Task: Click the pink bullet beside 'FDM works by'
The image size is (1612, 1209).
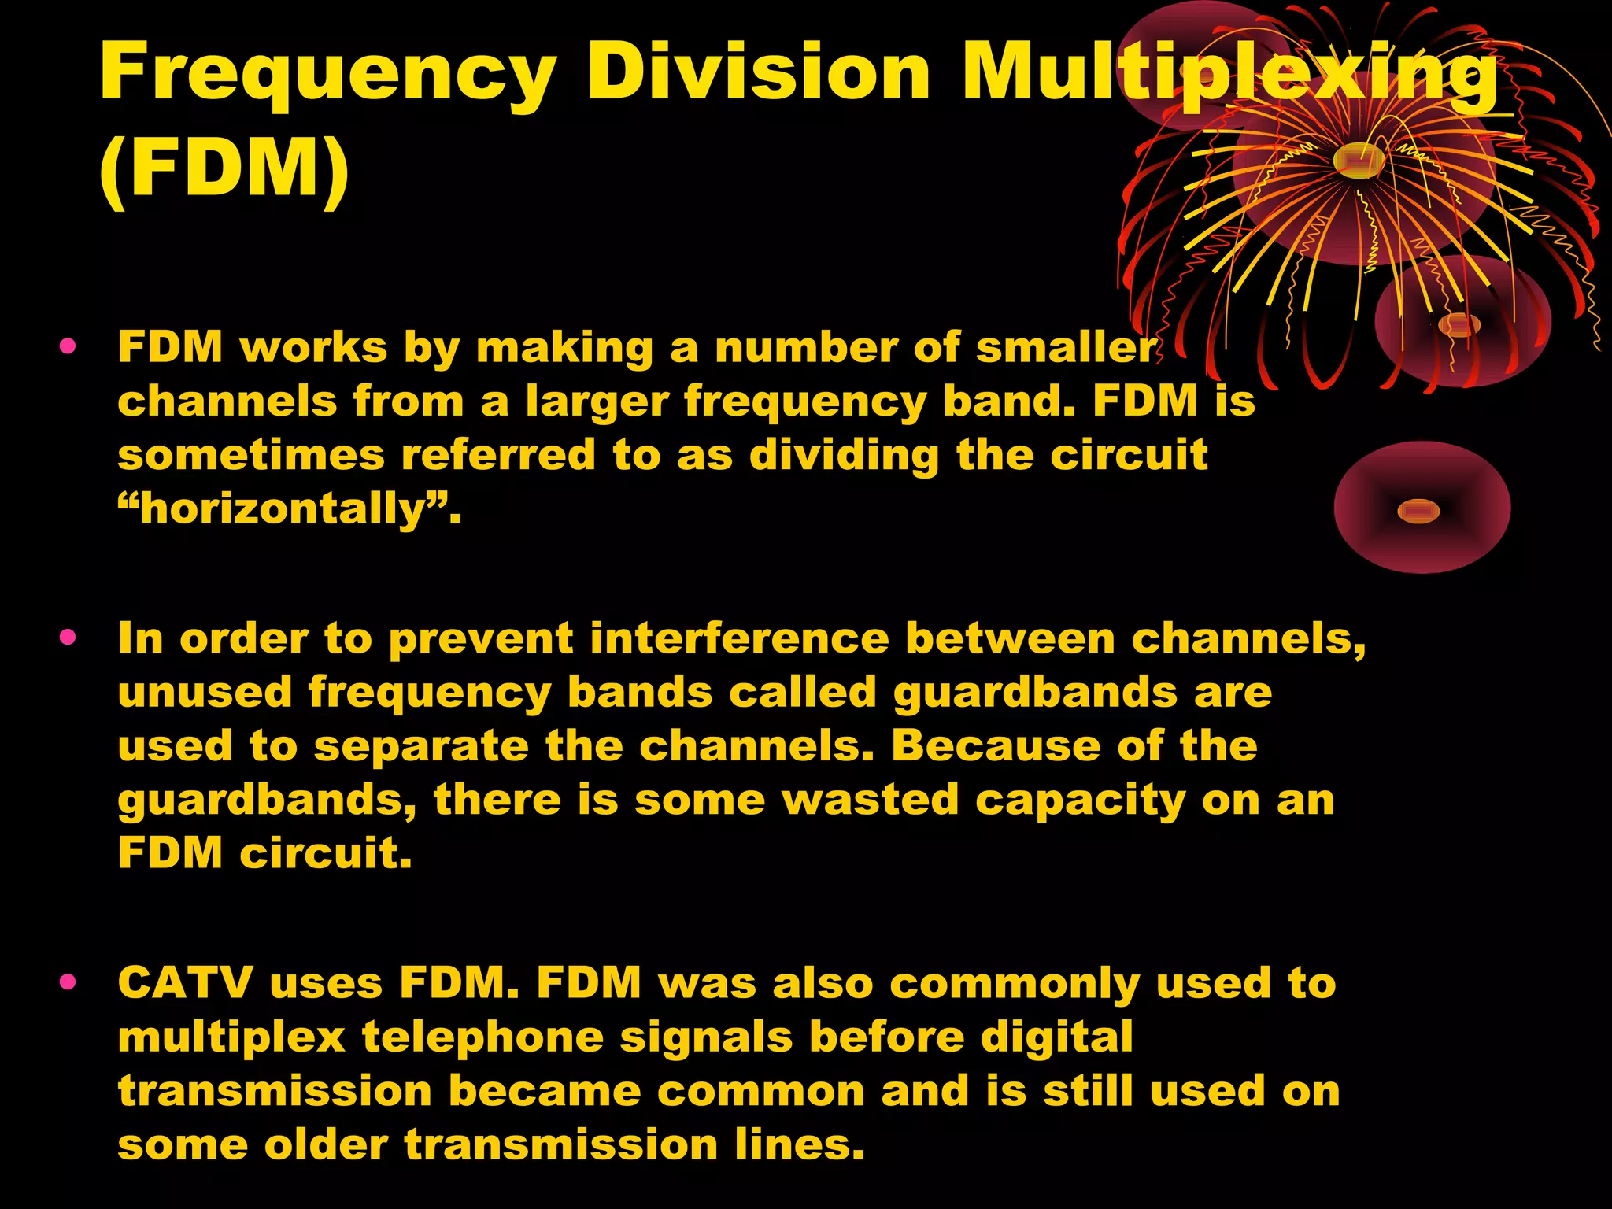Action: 68,346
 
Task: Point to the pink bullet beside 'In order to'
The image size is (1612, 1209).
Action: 68,637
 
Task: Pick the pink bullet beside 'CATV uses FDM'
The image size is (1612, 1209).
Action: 68,982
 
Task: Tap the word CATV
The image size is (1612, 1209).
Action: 186,983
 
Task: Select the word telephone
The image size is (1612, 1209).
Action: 482,1037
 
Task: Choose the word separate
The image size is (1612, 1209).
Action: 421,746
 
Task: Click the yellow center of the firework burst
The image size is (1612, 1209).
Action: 1359,160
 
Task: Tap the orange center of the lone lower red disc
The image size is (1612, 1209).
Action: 1418,512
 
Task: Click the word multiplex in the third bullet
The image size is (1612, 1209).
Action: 231,1038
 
